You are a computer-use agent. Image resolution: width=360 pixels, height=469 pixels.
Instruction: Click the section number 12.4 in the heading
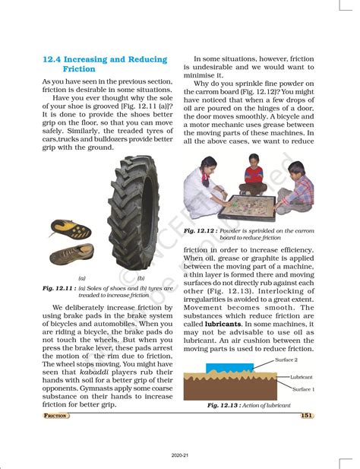(x=52, y=59)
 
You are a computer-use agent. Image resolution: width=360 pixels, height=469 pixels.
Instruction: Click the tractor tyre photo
(x=133, y=213)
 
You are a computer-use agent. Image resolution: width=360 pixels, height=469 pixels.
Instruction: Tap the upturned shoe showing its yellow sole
(x=71, y=229)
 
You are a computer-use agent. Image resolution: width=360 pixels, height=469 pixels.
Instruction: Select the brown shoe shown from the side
(x=72, y=254)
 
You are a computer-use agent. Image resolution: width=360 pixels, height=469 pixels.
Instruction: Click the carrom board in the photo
(x=247, y=208)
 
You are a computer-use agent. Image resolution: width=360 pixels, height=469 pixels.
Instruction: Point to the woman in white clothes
(x=204, y=188)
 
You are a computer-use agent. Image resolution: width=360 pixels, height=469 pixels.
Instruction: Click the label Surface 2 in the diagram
(x=286, y=360)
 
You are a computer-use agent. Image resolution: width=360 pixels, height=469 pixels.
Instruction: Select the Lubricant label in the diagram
(x=302, y=377)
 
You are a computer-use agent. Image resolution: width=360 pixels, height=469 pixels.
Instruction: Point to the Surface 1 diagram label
(x=303, y=389)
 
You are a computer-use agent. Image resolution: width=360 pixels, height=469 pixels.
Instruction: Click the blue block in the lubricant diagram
(x=229, y=368)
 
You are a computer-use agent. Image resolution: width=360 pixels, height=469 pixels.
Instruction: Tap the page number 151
(x=307, y=415)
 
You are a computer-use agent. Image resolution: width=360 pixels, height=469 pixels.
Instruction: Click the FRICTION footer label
(x=55, y=416)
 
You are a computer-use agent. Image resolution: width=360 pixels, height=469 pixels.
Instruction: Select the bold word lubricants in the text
(x=223, y=324)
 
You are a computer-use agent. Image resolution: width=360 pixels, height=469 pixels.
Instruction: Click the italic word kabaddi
(x=94, y=372)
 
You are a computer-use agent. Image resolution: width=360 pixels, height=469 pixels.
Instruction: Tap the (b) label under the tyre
(x=141, y=278)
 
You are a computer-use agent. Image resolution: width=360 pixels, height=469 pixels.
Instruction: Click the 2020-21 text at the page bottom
(x=180, y=455)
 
